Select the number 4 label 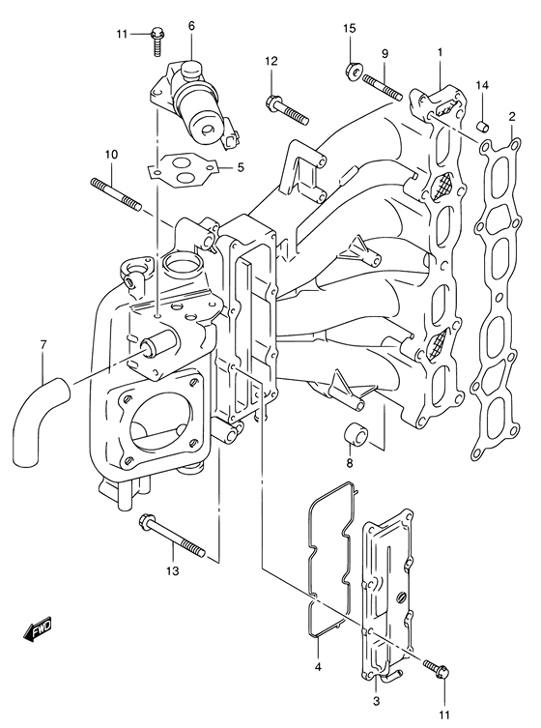(x=317, y=666)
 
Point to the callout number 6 (x=191, y=25)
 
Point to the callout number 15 (x=350, y=42)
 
